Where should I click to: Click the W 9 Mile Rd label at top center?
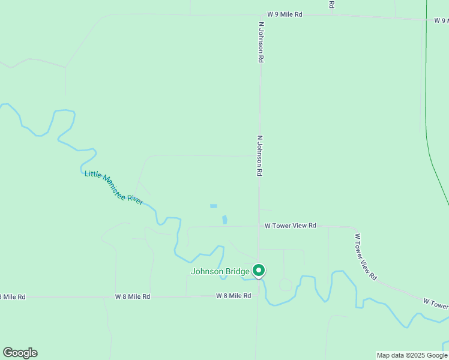pyautogui.click(x=285, y=14)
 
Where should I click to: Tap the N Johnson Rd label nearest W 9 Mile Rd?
pyautogui.click(x=261, y=43)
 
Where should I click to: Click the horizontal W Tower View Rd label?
pyautogui.click(x=291, y=226)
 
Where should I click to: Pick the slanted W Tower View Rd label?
pyautogui.click(x=364, y=257)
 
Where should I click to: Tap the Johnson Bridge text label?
pyautogui.click(x=220, y=271)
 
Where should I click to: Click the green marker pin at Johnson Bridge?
pyautogui.click(x=259, y=271)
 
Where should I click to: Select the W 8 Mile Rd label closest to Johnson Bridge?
pyautogui.click(x=234, y=296)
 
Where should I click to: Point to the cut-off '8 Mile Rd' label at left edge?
pyautogui.click(x=13, y=297)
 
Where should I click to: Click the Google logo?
pyautogui.click(x=20, y=353)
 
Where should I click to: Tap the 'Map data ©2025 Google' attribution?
pyautogui.click(x=412, y=355)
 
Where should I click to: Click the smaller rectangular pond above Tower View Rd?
pyautogui.click(x=213, y=206)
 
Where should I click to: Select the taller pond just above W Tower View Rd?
pyautogui.click(x=225, y=220)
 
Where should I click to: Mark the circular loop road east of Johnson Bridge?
pyautogui.click(x=286, y=284)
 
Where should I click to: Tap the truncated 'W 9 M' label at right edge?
pyautogui.click(x=441, y=20)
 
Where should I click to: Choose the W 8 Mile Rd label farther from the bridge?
pyautogui.click(x=133, y=296)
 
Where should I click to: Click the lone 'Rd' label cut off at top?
pyautogui.click(x=331, y=4)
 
